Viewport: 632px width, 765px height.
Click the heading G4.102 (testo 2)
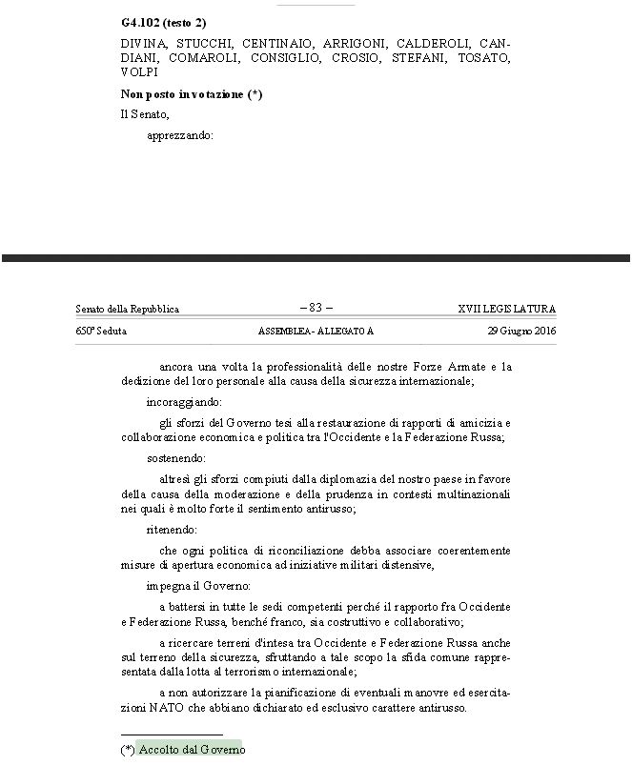163,21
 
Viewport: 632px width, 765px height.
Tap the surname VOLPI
139,72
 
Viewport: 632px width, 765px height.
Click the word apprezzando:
180,135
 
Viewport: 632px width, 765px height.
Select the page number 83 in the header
316,308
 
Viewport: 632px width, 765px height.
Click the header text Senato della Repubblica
127,309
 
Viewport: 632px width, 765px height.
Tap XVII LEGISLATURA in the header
506,309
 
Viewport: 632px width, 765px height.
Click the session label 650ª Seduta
101,331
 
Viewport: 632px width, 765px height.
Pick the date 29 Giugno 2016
521,331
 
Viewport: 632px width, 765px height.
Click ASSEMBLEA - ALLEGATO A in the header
316,331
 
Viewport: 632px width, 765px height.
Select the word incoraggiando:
183,402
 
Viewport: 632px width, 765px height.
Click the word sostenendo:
175,458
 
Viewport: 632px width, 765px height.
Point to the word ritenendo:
173,530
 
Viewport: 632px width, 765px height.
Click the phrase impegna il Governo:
198,586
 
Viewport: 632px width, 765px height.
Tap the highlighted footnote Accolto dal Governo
191,750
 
